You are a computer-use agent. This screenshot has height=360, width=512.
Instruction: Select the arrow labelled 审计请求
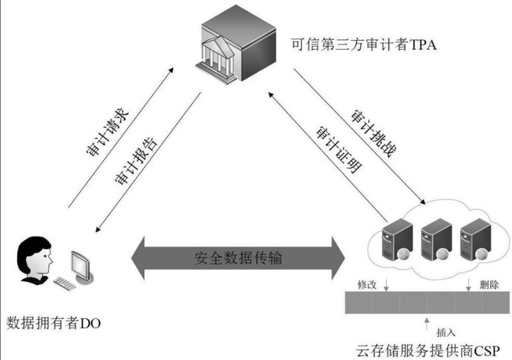click(119, 138)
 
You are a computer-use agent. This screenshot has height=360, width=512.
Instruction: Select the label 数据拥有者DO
click(54, 323)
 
